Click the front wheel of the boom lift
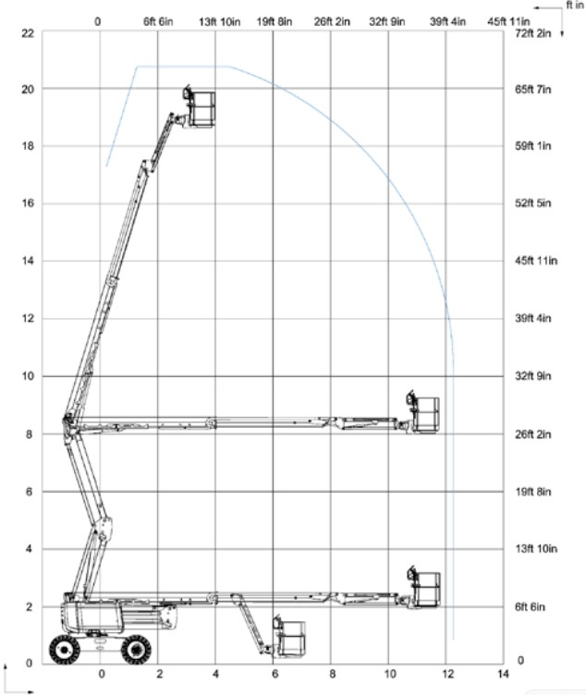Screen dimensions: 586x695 tap(136, 650)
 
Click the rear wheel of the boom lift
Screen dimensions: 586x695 tap(65, 650)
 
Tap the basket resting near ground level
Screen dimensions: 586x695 tap(289, 637)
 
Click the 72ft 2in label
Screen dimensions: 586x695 tap(532, 33)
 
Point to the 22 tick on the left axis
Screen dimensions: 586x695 tap(28, 32)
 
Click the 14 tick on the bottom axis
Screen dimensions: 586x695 tap(503, 674)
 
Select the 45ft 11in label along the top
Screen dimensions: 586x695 tap(508, 21)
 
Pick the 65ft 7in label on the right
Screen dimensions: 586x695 tap(532, 89)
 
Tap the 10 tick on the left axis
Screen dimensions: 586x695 tap(28, 376)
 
